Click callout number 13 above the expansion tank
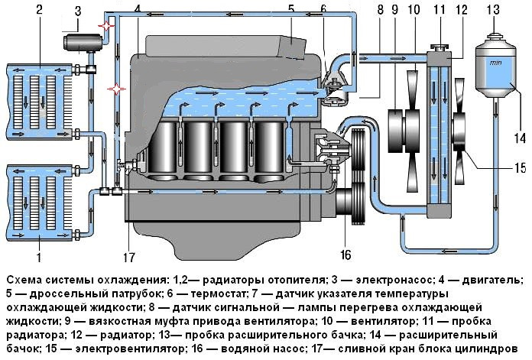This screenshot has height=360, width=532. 493,9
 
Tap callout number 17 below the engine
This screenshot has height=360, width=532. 129,258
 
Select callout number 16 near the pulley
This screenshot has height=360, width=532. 345,255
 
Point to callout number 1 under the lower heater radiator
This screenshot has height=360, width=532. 39,257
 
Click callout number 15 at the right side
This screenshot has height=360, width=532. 520,168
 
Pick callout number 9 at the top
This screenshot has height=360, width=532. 394,9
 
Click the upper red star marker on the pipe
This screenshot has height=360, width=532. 106,26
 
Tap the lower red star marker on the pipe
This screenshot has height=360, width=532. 117,89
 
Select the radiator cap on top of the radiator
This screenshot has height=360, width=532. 440,47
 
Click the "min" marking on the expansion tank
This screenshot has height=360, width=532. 496,63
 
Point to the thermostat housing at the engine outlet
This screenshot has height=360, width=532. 333,89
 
